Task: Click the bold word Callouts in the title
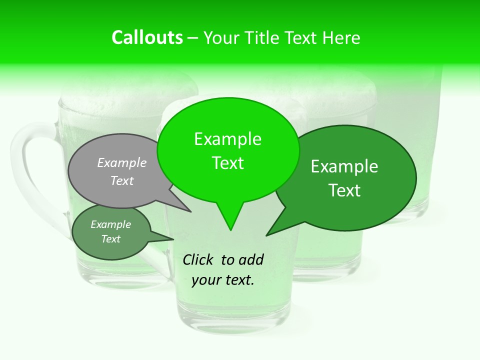147,37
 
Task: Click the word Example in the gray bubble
122,162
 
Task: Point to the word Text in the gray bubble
122,180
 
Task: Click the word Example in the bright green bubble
227,139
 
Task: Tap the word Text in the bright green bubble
227,163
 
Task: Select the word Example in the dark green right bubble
344,166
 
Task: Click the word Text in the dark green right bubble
344,190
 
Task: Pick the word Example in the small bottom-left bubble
110,224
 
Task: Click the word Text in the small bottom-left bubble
110,239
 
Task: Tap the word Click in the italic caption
198,259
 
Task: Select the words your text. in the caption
223,280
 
